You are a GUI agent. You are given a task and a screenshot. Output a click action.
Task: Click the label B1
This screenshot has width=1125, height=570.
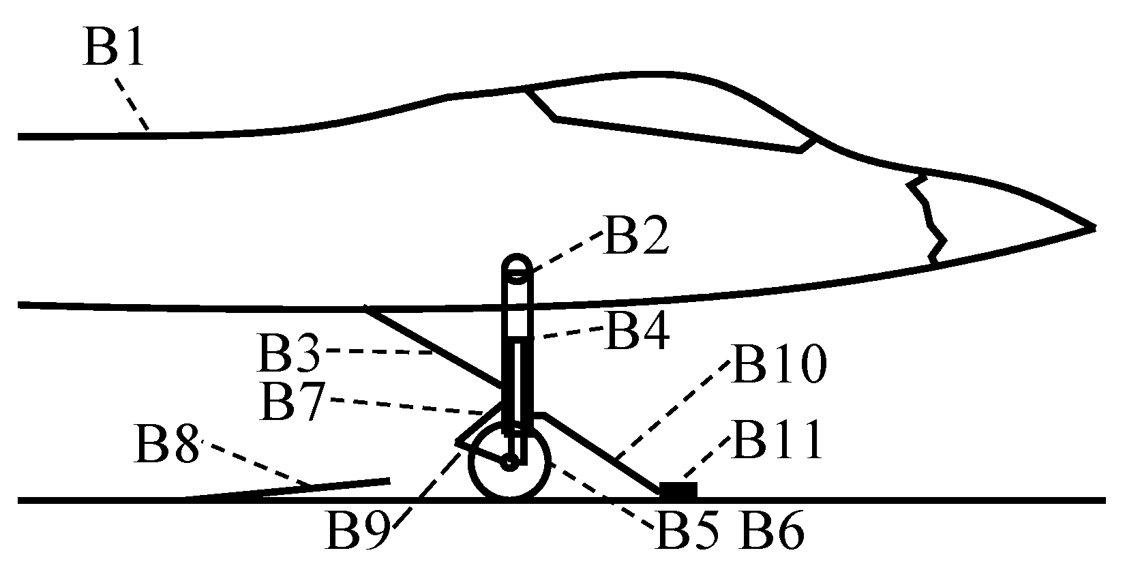point(114,47)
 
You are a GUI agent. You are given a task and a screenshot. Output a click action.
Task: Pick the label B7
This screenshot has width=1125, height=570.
point(290,402)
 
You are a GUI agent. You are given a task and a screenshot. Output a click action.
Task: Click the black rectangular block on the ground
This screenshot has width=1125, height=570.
point(678,490)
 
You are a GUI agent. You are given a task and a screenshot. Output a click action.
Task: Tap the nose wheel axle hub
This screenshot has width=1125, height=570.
point(509,463)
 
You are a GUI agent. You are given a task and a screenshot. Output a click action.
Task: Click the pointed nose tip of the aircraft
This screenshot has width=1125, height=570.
point(1091,227)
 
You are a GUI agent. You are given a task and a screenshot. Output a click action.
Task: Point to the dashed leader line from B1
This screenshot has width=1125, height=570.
point(132,104)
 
